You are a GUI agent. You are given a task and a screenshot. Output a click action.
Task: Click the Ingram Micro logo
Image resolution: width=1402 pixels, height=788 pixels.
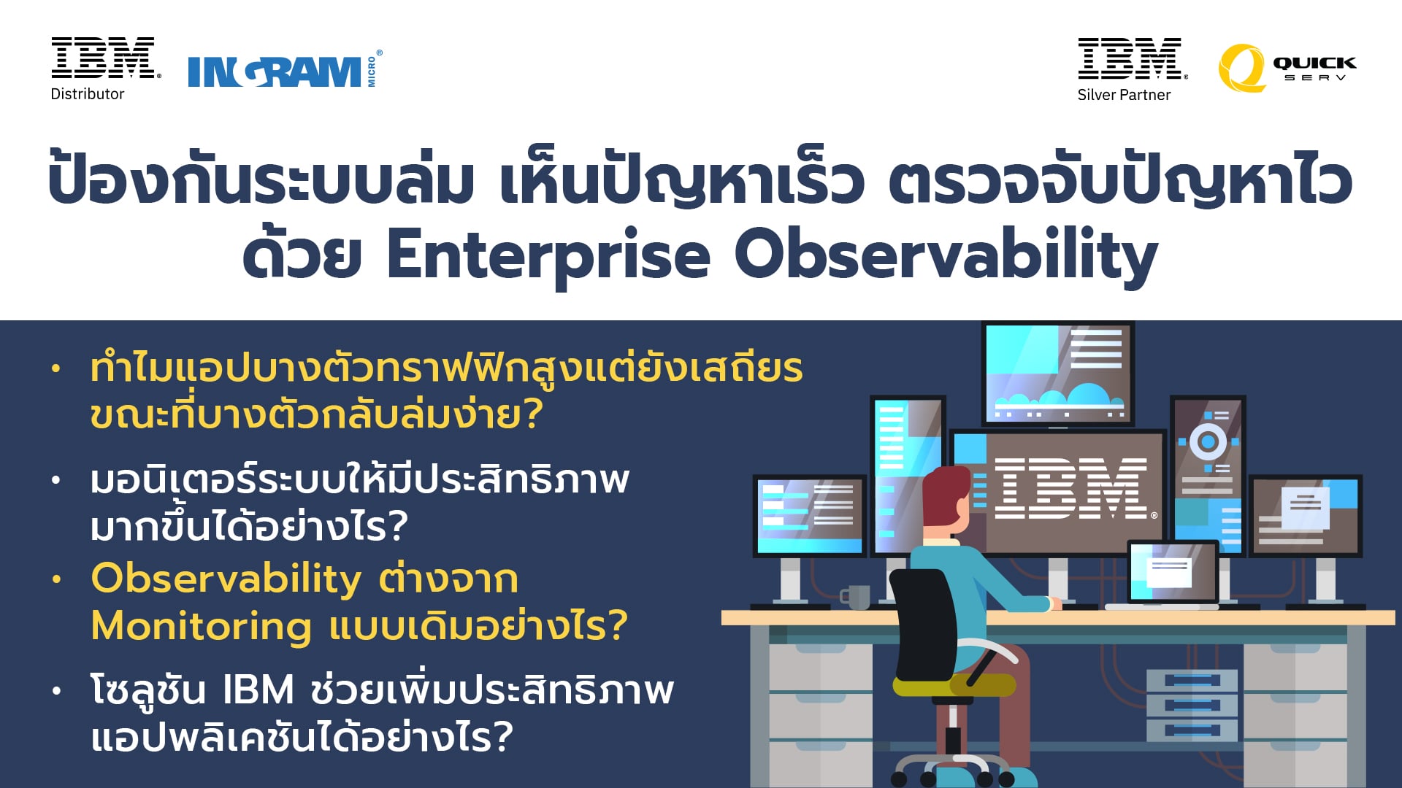point(285,70)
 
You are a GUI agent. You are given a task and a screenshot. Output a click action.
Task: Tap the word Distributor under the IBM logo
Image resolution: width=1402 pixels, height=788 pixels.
point(88,94)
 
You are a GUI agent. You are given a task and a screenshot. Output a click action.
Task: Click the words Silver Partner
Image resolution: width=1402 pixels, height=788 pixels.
point(1124,95)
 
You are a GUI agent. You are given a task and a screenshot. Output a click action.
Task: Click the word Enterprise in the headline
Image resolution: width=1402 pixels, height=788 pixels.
point(548,255)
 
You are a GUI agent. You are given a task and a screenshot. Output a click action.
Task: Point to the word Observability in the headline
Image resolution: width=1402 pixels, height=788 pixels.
point(946,255)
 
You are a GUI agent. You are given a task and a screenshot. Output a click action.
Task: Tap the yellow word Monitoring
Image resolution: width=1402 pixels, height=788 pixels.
point(201,627)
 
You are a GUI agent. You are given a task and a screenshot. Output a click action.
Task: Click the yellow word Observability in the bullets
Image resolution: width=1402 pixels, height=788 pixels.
point(226,579)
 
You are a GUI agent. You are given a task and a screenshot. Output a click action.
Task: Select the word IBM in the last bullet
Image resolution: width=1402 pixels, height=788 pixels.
point(258,690)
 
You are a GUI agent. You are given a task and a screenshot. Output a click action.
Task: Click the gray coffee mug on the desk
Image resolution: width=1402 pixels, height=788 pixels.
point(856,596)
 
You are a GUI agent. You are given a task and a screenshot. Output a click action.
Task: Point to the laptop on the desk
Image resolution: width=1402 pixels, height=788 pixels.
point(1171,574)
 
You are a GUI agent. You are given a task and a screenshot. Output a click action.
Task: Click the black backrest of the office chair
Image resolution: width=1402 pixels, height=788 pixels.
point(923,625)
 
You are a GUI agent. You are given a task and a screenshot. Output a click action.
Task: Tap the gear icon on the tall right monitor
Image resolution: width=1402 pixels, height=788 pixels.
point(1208,441)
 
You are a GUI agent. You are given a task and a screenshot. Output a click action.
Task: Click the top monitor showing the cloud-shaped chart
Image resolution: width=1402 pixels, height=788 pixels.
point(1057,374)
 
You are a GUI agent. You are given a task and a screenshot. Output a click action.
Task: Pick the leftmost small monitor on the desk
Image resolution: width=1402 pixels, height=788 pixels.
point(809,516)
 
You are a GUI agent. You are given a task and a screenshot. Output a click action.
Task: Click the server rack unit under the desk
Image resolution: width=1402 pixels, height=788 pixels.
point(1192,705)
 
